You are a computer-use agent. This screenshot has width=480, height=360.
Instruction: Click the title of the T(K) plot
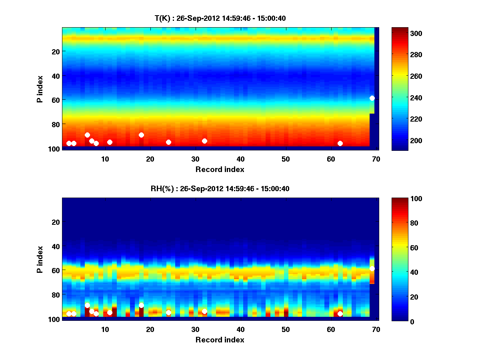click(220, 18)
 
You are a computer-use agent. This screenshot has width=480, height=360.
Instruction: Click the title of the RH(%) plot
click(220, 188)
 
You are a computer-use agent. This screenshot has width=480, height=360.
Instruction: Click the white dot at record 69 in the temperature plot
click(372, 98)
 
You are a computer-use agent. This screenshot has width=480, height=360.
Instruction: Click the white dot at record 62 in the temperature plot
click(340, 143)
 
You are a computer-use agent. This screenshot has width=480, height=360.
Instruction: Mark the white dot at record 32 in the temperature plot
click(204, 141)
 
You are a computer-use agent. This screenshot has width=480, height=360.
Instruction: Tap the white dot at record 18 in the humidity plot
click(141, 305)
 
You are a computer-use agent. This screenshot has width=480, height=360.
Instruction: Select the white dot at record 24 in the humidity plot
click(168, 312)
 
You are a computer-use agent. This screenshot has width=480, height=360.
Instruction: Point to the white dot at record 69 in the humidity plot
click(372, 268)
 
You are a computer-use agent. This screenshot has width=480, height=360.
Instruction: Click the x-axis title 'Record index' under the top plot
click(220, 169)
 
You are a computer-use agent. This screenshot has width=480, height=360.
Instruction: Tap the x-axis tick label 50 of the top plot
click(286, 159)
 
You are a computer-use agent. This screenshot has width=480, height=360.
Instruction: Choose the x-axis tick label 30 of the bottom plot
click(195, 329)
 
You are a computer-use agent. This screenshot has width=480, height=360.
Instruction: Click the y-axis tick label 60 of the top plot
click(55, 100)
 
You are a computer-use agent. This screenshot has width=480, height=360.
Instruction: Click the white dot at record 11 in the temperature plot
click(110, 142)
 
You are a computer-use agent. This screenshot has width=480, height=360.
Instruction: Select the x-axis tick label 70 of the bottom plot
click(376, 329)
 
